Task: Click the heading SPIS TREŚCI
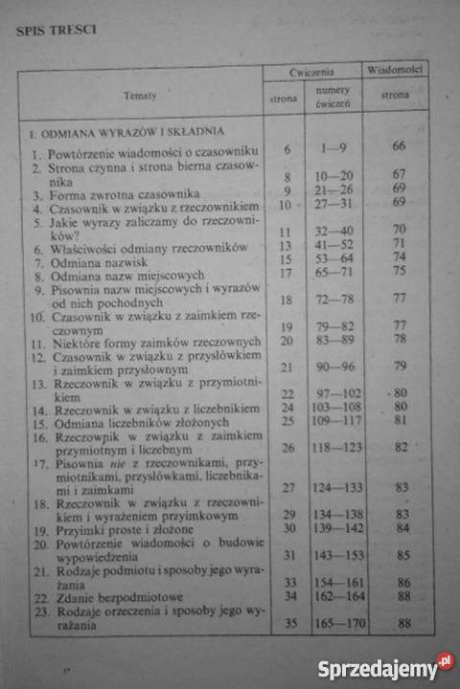pyautogui.click(x=56, y=29)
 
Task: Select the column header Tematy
pyautogui.click(x=140, y=95)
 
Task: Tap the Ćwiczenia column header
pyautogui.click(x=310, y=73)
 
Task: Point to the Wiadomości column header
pyautogui.click(x=394, y=70)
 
